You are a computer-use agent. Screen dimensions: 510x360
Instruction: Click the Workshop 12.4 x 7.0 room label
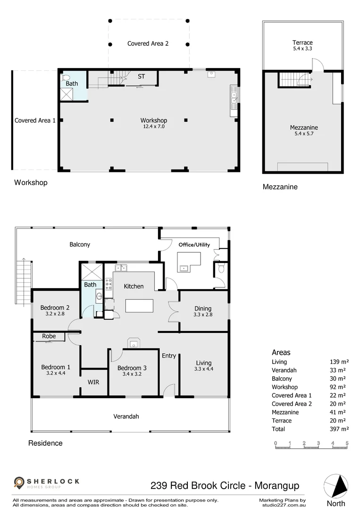point(153,123)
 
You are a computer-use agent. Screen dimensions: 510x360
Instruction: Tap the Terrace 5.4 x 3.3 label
point(302,45)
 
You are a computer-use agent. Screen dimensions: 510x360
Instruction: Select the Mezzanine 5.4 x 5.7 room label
point(303,130)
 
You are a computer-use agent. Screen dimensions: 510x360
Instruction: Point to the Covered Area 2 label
point(148,43)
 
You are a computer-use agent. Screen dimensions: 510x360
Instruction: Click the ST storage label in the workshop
point(141,76)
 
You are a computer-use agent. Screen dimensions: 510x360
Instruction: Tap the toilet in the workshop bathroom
point(66,77)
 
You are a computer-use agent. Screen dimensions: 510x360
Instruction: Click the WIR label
point(93,382)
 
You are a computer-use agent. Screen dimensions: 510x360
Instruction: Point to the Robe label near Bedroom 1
point(49,336)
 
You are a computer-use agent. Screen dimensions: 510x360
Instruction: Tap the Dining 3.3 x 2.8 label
point(203,311)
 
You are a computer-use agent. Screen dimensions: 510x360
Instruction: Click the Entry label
point(168,356)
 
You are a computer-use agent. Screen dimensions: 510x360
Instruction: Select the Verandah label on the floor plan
point(126,416)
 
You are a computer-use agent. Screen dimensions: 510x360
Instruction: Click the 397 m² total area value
point(339,429)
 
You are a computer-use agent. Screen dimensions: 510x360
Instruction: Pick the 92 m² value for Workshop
point(339,387)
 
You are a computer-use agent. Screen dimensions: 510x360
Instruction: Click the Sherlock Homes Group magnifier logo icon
point(19,483)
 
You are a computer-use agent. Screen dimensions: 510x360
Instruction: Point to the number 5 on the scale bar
point(347,443)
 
